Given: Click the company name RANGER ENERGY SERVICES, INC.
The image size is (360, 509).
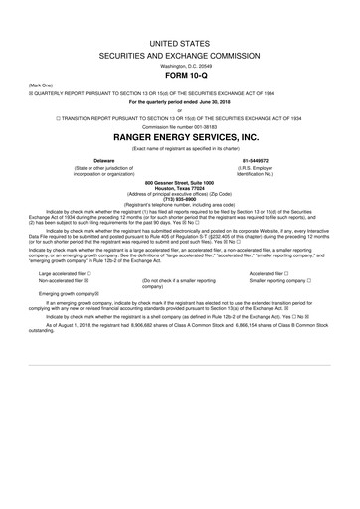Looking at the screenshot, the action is coord(180,137).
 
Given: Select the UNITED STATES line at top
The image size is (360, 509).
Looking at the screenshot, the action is coord(180,18).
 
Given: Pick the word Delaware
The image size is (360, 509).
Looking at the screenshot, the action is coord(103,159).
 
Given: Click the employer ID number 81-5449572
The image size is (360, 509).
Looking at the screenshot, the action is coord(256,159).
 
